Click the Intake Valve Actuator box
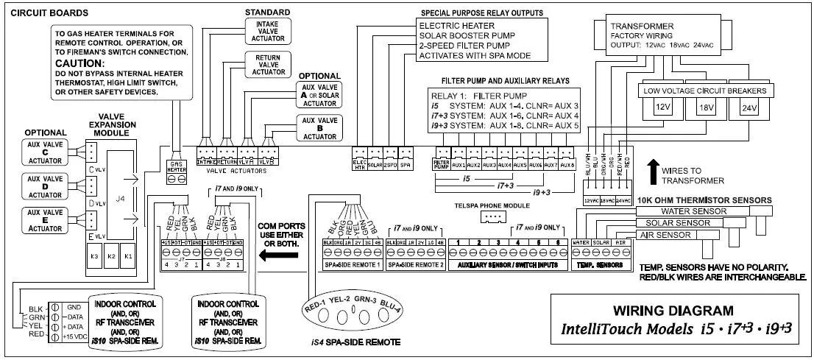point(263,32)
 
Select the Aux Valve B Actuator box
point(318,126)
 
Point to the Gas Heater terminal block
point(177,174)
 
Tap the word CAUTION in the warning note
point(79,63)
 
